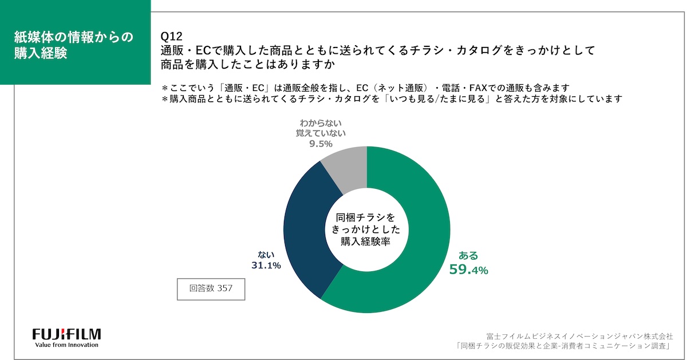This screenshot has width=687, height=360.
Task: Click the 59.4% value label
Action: pyautogui.click(x=468, y=270)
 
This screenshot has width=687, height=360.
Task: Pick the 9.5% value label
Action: pyautogui.click(x=321, y=144)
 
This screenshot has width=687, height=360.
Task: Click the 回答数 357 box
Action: pyautogui.click(x=211, y=288)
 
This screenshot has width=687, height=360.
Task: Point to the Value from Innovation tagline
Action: pyautogui.click(x=66, y=345)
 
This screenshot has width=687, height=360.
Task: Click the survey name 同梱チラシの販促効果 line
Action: pyautogui.click(x=564, y=346)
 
